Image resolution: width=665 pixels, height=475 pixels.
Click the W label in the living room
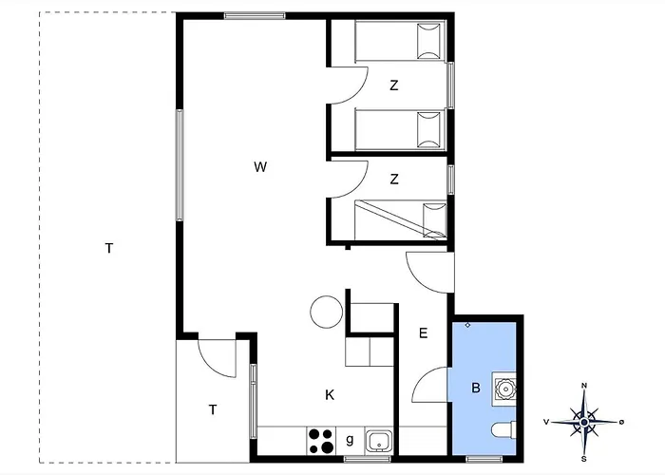[x=260, y=166]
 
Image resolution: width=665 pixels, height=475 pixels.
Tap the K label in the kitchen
[x=330, y=395]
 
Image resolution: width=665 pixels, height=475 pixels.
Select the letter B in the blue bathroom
[x=476, y=388]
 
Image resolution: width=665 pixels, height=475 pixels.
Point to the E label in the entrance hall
[x=423, y=333]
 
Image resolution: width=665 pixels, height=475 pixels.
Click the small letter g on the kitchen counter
[x=350, y=439]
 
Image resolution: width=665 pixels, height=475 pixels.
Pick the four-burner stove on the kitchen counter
[x=321, y=441]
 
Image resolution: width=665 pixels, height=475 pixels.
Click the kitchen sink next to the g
[x=379, y=442]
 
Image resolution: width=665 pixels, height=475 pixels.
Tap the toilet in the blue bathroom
[x=503, y=429]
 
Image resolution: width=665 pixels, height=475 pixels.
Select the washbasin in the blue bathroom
[x=504, y=388]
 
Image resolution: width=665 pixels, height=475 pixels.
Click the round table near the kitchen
[x=326, y=312]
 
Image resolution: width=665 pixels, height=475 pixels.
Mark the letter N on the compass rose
[x=584, y=386]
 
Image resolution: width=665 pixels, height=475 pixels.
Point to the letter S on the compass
[x=584, y=459]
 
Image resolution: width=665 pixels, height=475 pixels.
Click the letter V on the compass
[x=546, y=422]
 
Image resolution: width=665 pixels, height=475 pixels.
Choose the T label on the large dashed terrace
[x=109, y=248]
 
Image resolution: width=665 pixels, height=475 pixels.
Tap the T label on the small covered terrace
[x=213, y=409]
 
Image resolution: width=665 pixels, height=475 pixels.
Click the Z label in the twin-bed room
[x=394, y=85]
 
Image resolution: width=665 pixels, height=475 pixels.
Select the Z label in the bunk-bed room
[x=394, y=180]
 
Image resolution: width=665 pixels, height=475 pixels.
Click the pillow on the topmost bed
[x=429, y=41]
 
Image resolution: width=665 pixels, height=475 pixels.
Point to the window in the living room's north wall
[x=255, y=16]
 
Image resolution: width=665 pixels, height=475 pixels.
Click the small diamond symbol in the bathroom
[x=467, y=325]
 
